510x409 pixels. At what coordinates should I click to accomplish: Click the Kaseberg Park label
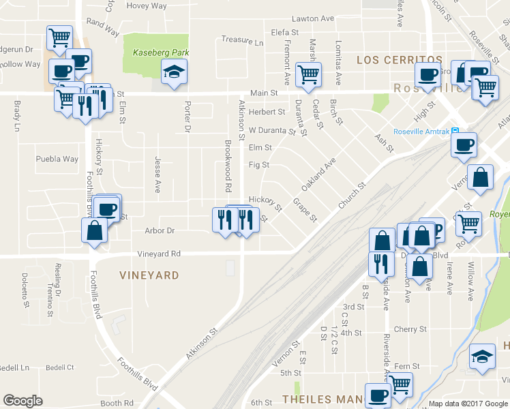click(x=160, y=52)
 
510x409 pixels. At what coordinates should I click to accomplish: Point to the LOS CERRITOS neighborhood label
click(x=400, y=60)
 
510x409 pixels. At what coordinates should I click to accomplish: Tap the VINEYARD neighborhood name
click(x=149, y=275)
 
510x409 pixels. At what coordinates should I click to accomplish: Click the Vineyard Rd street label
click(x=159, y=254)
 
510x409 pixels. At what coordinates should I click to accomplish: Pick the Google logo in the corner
click(x=22, y=401)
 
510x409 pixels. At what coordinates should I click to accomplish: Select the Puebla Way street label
click(x=57, y=160)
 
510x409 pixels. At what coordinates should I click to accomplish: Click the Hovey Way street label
click(x=147, y=6)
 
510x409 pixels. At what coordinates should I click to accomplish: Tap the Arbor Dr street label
click(x=160, y=230)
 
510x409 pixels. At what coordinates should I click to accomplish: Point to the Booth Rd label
click(x=117, y=403)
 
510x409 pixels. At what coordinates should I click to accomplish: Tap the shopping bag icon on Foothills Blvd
click(x=93, y=230)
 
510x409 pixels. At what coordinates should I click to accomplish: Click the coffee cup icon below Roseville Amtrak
click(x=464, y=144)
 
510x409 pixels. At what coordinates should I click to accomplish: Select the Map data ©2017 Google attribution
click(x=468, y=404)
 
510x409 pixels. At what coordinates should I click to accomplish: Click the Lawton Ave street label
click(x=312, y=18)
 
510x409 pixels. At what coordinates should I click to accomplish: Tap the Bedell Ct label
click(x=60, y=367)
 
